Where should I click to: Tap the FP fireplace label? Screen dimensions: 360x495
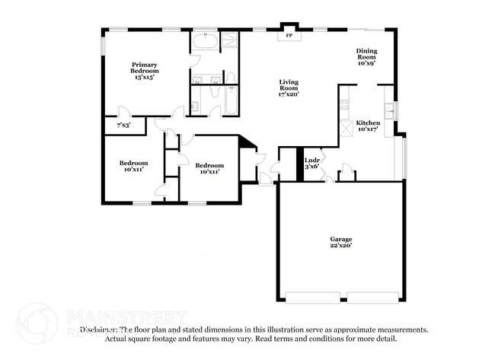click(289, 36)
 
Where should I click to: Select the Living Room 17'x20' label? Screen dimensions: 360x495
click(288, 88)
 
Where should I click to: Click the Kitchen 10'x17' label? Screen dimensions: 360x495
click(369, 126)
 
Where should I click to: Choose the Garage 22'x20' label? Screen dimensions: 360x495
click(340, 242)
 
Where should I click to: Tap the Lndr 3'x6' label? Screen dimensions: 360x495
click(312, 164)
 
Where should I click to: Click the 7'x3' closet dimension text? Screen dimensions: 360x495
click(123, 124)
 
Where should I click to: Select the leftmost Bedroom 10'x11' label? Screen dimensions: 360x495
click(133, 167)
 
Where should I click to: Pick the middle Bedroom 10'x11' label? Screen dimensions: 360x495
click(209, 168)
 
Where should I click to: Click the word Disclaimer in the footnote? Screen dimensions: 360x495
click(100, 330)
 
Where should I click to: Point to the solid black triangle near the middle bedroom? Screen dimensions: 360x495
click(247, 143)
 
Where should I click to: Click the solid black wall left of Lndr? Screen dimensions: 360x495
click(300, 164)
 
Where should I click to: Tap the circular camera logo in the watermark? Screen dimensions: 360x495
click(37, 323)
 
